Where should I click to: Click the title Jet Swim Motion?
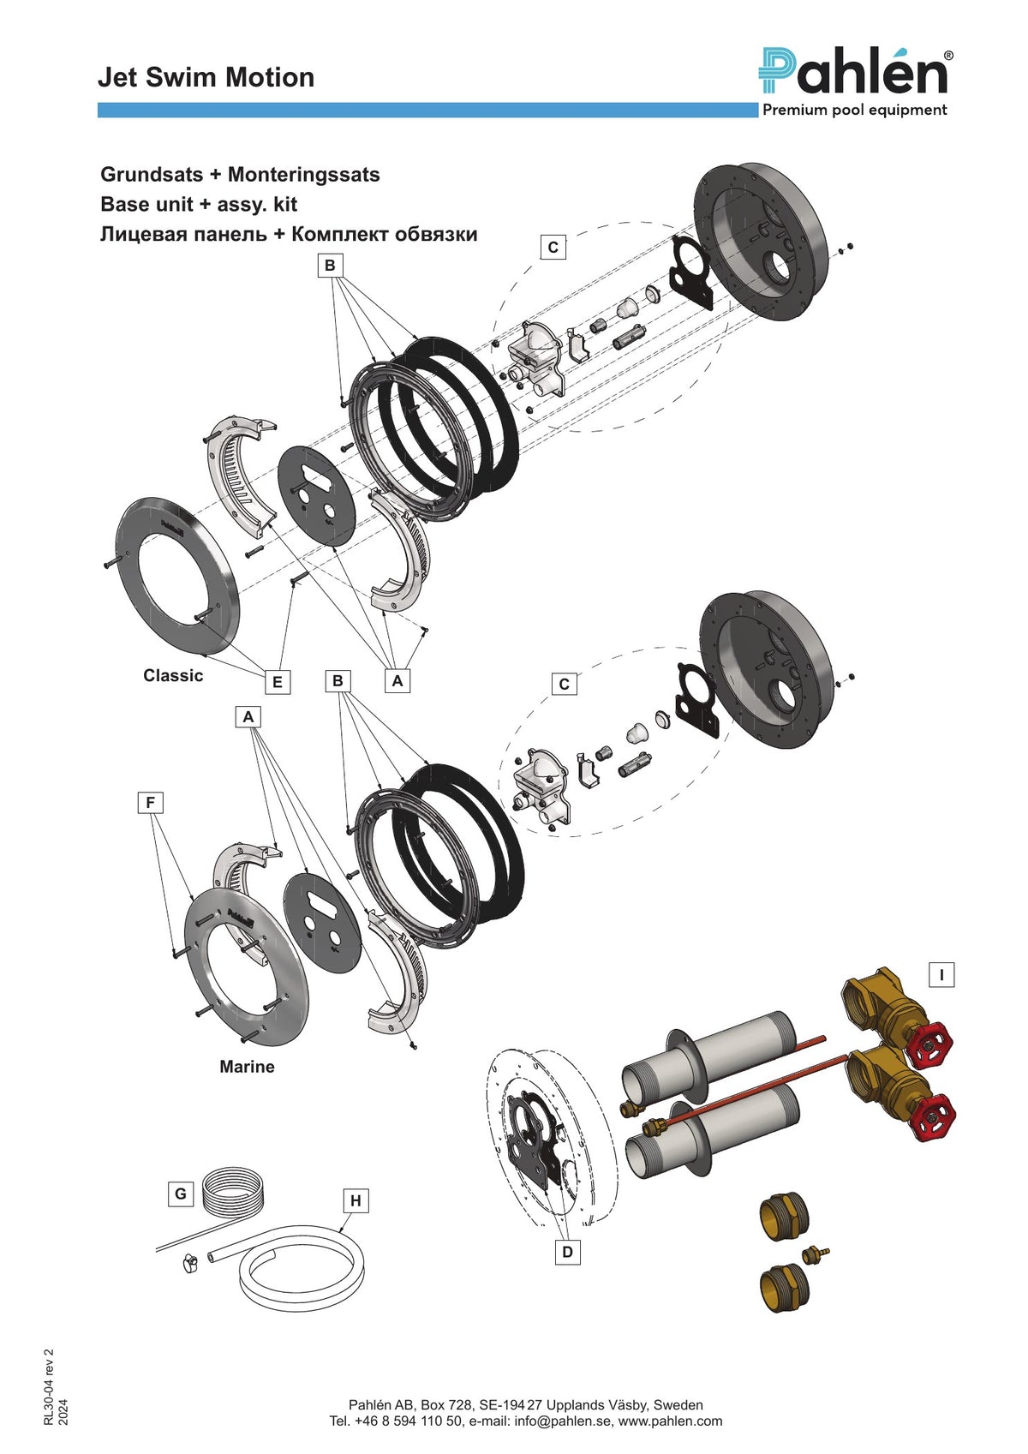(206, 77)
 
